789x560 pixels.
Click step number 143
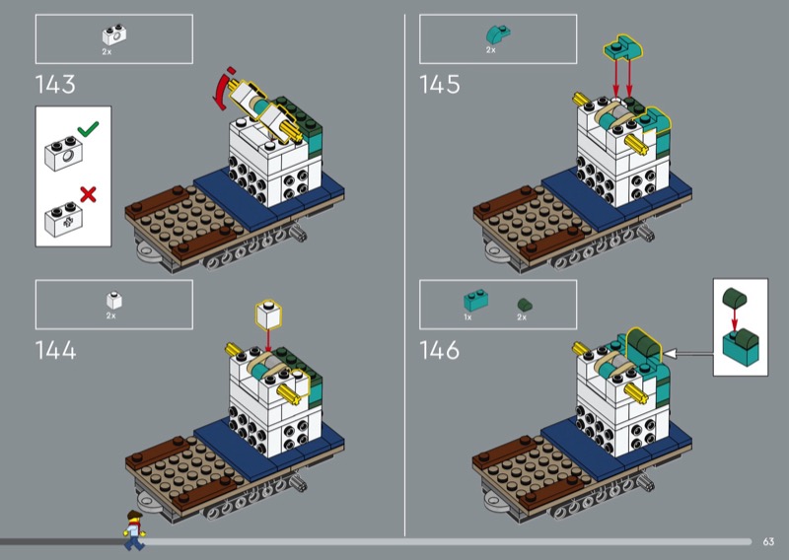pos(55,85)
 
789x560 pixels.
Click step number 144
pos(55,349)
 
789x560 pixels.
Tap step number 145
pos(440,85)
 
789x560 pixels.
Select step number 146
pos(440,349)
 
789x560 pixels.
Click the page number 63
pos(768,541)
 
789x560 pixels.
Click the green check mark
pos(88,129)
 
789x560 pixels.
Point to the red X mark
pos(88,193)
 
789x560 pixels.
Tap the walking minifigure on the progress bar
pos(132,529)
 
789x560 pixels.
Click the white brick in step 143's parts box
pos(113,34)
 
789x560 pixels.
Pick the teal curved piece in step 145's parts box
pos(497,34)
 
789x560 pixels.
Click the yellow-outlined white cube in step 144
pos(267,314)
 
